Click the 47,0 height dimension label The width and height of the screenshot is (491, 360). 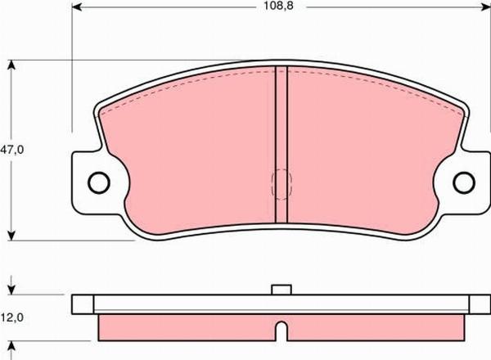coord(11,150)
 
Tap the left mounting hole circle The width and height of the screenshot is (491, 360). coord(98,182)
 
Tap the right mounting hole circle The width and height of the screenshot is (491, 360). coord(464,182)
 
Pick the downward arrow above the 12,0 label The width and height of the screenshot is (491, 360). coord(11,287)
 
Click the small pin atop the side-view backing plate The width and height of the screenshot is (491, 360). coord(281,288)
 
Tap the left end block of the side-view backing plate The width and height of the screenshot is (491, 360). coord(83,304)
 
